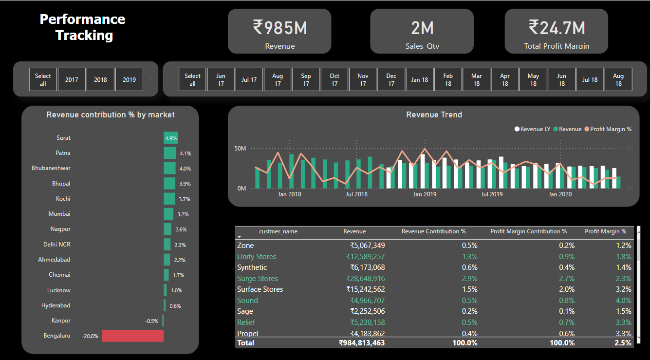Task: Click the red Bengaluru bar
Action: pyautogui.click(x=132, y=336)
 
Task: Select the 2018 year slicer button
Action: pyautogui.click(x=101, y=79)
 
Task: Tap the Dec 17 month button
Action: pyautogui.click(x=391, y=79)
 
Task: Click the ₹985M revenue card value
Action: pyautogui.click(x=279, y=28)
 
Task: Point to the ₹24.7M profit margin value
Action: pyautogui.click(x=557, y=28)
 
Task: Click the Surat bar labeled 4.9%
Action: pyautogui.click(x=171, y=138)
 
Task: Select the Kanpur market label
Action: pyautogui.click(x=61, y=321)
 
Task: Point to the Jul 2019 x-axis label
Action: pyautogui.click(x=492, y=194)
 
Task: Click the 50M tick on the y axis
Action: pyautogui.click(x=240, y=148)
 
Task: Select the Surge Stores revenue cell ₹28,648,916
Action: pyautogui.click(x=365, y=279)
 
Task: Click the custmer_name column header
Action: pyautogui.click(x=278, y=231)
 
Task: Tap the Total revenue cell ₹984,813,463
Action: pyautogui.click(x=362, y=343)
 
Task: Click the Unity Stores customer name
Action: pyautogui.click(x=257, y=257)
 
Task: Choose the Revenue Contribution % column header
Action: pyautogui.click(x=433, y=231)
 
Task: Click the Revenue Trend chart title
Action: pyautogui.click(x=434, y=115)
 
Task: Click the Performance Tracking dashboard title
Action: pyautogui.click(x=83, y=27)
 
